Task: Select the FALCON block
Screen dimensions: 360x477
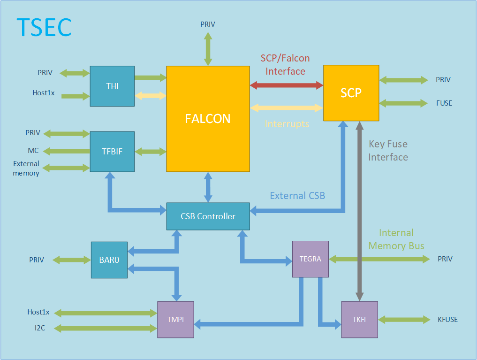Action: [x=208, y=118]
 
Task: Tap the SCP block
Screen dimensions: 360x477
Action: [x=351, y=93]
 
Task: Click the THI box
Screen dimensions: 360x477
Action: [x=112, y=86]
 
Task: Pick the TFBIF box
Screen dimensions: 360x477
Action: [x=112, y=151]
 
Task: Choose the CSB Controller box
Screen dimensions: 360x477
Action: [x=208, y=216]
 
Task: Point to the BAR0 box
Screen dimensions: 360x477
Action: [x=109, y=260]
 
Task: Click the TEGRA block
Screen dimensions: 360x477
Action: [x=310, y=259]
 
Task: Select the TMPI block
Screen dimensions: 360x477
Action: [x=175, y=319]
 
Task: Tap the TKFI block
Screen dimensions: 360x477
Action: [x=360, y=320]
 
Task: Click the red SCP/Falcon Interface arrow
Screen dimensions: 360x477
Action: [x=287, y=85]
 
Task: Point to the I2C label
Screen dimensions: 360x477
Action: [x=40, y=328]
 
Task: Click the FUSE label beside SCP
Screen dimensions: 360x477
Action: [x=444, y=103]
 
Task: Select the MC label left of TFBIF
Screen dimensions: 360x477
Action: [x=33, y=151]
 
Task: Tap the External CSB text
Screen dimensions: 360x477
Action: [x=297, y=196]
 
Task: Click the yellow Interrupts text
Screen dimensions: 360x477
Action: [x=287, y=124]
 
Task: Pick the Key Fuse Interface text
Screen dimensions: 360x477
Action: [x=388, y=150]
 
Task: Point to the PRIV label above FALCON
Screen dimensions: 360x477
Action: [x=208, y=24]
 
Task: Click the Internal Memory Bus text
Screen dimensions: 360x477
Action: [x=396, y=239]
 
